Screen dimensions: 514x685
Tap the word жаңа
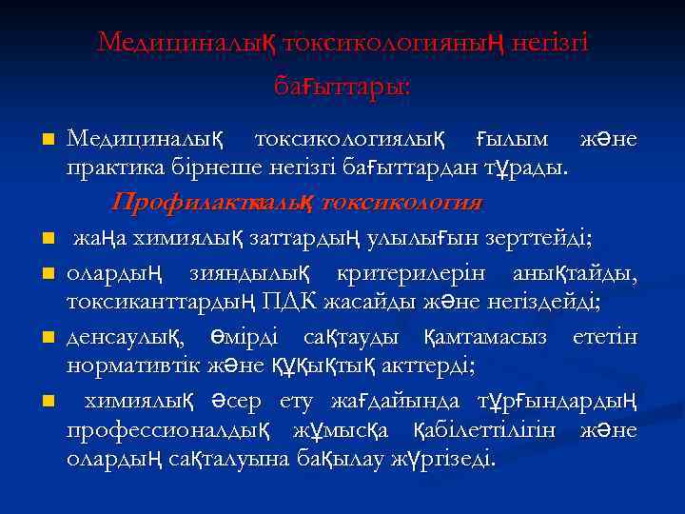coord(104,235)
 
